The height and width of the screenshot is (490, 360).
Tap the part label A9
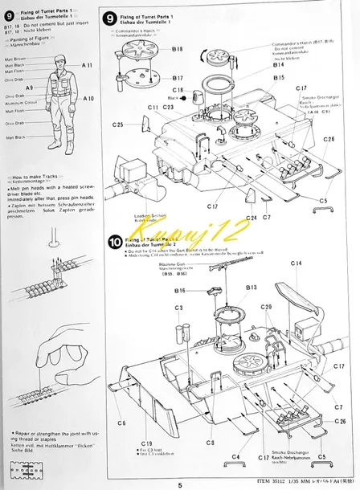[x=29, y=88]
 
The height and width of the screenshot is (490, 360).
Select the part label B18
[x=178, y=49]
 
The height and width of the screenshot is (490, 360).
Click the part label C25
[x=118, y=125]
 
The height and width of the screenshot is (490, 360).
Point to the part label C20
[x=266, y=307]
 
